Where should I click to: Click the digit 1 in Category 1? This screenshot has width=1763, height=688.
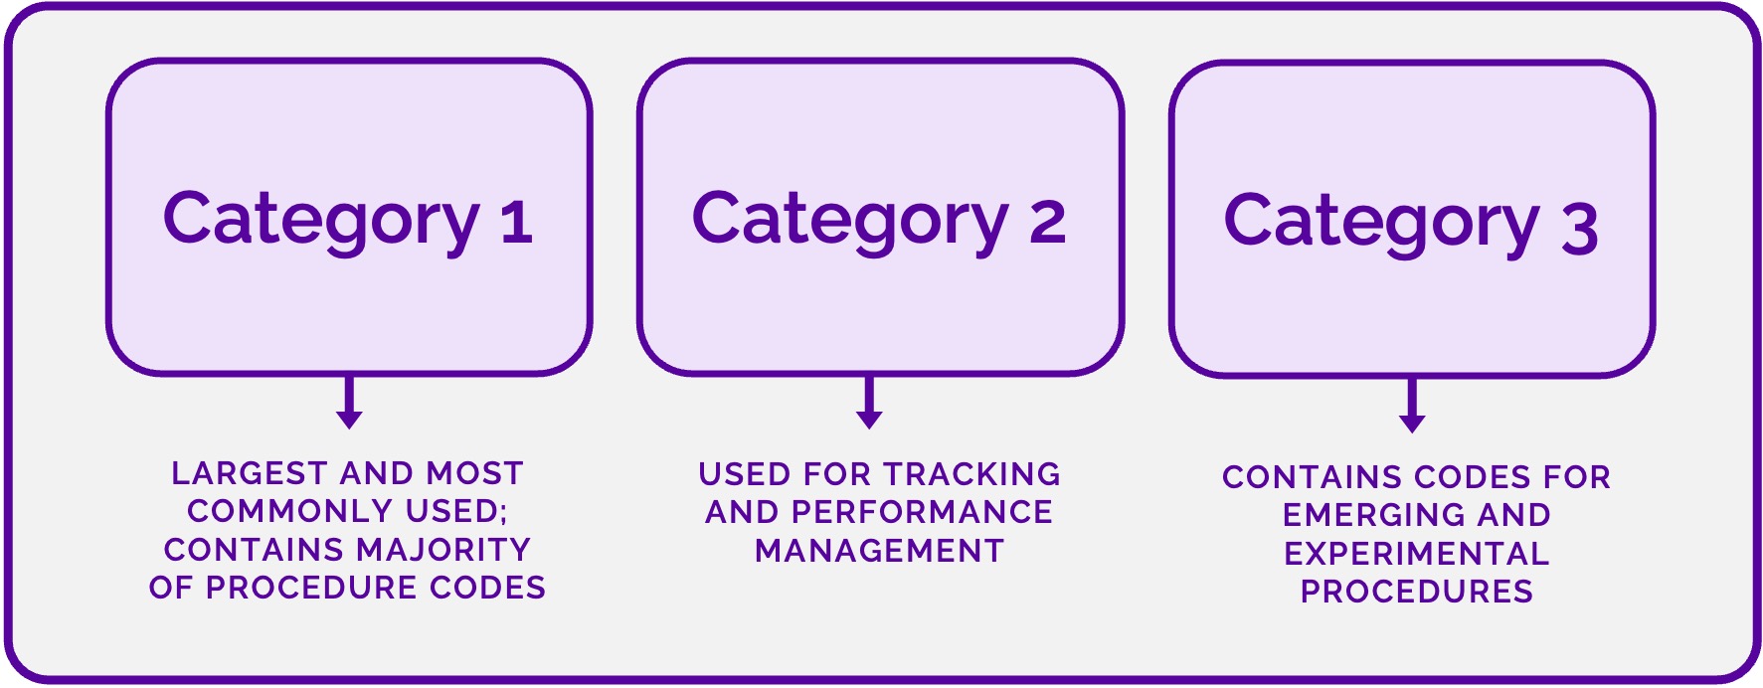(x=516, y=222)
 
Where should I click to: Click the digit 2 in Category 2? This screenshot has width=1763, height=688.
(x=1047, y=222)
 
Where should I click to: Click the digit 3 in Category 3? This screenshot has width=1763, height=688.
(x=1579, y=228)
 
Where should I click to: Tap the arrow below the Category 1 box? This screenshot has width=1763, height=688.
(x=349, y=404)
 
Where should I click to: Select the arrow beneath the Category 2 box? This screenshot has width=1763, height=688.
(x=869, y=404)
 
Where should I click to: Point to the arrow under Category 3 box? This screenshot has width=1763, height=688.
(x=1412, y=407)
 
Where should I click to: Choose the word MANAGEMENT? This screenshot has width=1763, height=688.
(x=879, y=551)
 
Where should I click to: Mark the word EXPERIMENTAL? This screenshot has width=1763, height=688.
(x=1416, y=554)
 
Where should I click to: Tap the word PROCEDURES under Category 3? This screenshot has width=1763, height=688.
(x=1416, y=592)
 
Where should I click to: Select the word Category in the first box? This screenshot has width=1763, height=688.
(x=321, y=221)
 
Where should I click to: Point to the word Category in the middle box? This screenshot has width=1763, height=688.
(x=850, y=221)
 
